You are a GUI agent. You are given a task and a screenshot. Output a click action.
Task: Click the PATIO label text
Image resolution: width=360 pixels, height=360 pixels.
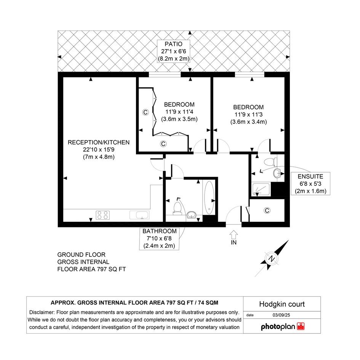pyautogui.click(x=174, y=44)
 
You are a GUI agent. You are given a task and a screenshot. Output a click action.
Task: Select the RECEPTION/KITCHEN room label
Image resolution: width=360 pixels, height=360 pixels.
pyautogui.click(x=99, y=142)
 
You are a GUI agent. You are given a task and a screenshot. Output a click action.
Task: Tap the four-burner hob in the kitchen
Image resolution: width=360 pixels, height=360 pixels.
pyautogui.click(x=102, y=215)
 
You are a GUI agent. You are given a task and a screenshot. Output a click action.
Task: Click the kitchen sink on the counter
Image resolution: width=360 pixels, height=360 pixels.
pyautogui.click(x=139, y=215)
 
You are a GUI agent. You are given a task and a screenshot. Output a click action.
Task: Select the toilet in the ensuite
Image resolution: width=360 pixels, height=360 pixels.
pyautogui.click(x=270, y=162)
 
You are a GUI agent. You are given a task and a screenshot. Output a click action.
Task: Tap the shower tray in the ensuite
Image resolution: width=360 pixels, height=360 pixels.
pyautogui.click(x=261, y=189)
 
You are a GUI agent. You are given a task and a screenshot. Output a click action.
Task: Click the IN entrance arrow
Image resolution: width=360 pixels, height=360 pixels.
pyautogui.click(x=234, y=235)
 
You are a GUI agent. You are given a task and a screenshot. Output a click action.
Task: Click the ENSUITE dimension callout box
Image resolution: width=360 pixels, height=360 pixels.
pyautogui.click(x=310, y=184)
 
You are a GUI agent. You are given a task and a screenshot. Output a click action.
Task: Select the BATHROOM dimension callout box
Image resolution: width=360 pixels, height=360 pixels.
pyautogui.click(x=159, y=238)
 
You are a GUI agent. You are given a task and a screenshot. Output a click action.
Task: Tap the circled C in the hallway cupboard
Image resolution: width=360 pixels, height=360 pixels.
pyautogui.click(x=267, y=210)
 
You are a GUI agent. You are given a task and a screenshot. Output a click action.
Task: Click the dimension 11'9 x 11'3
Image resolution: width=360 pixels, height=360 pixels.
pyautogui.click(x=248, y=115)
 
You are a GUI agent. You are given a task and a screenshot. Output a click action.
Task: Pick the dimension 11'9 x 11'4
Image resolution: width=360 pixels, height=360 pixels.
pyautogui.click(x=179, y=112)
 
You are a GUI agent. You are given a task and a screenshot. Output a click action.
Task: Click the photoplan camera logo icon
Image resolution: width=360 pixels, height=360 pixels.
pyautogui.click(x=301, y=326)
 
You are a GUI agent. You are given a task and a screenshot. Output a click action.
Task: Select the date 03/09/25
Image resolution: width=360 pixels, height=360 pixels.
pyautogui.click(x=281, y=315)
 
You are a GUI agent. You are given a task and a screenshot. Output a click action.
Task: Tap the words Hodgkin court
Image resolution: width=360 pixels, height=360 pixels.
pyautogui.click(x=282, y=304)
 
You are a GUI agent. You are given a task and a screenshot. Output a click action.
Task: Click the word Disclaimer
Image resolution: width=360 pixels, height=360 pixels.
pyautogui.click(x=42, y=312)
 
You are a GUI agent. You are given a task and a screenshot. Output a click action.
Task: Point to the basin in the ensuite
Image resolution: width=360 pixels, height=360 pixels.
pyautogui.click(x=277, y=173)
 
